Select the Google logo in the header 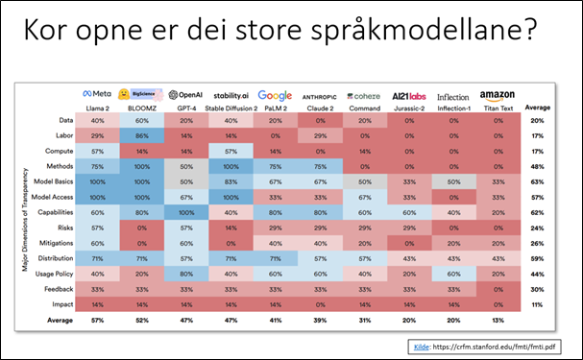[x=275, y=94]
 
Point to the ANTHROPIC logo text [x=320, y=96]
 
